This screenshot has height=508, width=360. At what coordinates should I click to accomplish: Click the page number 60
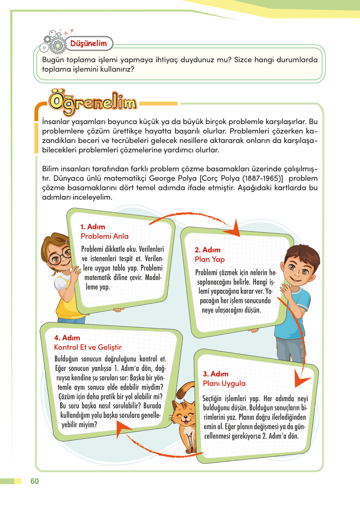(35, 481)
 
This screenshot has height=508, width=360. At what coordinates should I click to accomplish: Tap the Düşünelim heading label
(89, 44)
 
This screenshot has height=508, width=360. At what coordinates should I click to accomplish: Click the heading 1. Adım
(93, 227)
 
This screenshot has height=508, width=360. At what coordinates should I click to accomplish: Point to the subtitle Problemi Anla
(104, 236)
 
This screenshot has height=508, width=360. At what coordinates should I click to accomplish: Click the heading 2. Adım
(207, 250)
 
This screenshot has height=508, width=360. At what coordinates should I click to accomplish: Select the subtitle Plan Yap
(210, 259)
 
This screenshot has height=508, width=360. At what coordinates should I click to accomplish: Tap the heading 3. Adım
(215, 374)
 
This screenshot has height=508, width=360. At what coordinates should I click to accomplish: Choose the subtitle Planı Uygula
(224, 383)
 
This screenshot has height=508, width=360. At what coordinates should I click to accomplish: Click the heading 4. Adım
(67, 338)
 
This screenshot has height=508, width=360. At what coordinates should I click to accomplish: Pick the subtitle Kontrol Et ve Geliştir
(88, 347)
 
